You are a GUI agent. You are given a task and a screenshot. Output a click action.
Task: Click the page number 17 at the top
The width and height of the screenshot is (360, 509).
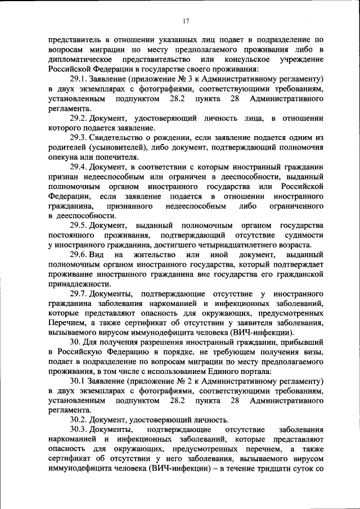click(186, 21)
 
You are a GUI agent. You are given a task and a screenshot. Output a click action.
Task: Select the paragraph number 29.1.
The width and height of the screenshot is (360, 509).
click(78, 80)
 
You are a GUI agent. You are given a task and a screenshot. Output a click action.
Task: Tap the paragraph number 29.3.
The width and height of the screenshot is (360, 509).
click(78, 138)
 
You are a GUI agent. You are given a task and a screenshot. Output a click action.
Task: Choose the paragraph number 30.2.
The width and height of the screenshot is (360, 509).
click(78, 420)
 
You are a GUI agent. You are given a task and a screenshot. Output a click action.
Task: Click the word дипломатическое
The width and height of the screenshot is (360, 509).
click(82, 60)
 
